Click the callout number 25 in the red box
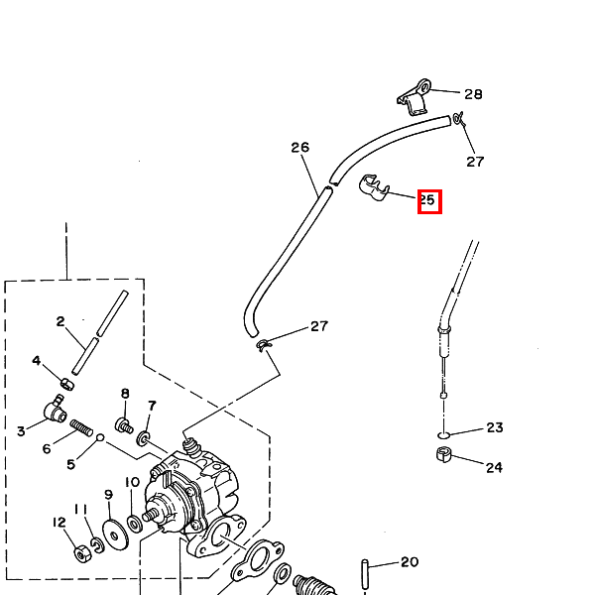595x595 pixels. pyautogui.click(x=428, y=200)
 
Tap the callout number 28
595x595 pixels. pyautogui.click(x=473, y=94)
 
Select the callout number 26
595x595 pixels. pyautogui.click(x=299, y=148)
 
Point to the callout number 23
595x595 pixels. pyautogui.click(x=494, y=427)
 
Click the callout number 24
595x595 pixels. pyautogui.click(x=494, y=467)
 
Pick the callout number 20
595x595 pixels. pyautogui.click(x=410, y=562)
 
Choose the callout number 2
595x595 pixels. pyautogui.click(x=60, y=321)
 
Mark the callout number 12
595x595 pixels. pyautogui.click(x=59, y=522)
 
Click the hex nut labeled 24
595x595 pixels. pyautogui.click(x=445, y=455)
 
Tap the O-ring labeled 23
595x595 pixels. pyautogui.click(x=443, y=434)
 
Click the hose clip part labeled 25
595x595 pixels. pyautogui.click(x=373, y=188)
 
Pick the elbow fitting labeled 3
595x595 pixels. pyautogui.click(x=54, y=408)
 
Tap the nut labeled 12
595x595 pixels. pyautogui.click(x=82, y=553)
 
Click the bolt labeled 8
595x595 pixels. pyautogui.click(x=124, y=425)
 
